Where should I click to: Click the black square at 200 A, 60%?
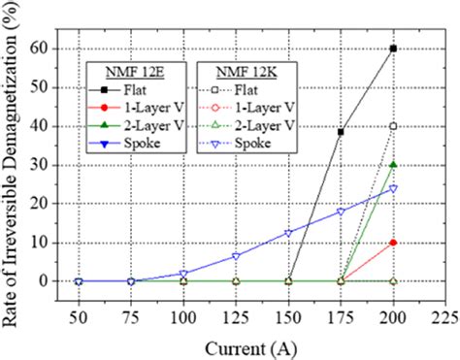pyautogui.click(x=393, y=48)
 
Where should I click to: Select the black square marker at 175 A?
pyautogui.click(x=341, y=132)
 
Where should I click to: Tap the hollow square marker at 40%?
pyautogui.click(x=393, y=126)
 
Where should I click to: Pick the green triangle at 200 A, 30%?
pyautogui.click(x=393, y=165)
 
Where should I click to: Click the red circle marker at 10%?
pyautogui.click(x=393, y=243)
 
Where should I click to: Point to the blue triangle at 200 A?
pyautogui.click(x=393, y=188)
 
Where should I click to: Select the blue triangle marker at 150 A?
pyautogui.click(x=288, y=233)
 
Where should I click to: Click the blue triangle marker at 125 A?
pyautogui.click(x=236, y=256)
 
